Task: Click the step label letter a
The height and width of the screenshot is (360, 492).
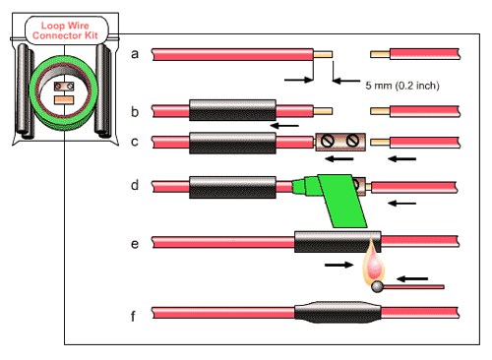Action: point(135,54)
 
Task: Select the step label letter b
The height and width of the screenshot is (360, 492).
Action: point(135,112)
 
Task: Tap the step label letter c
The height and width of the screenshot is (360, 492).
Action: point(135,142)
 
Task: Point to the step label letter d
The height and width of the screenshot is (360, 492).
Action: point(135,185)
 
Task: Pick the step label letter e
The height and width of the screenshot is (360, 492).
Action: point(135,244)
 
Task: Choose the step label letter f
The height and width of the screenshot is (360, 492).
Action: point(133,316)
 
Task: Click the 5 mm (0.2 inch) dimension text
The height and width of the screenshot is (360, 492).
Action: point(402,86)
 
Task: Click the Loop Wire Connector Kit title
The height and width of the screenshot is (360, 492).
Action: point(65,30)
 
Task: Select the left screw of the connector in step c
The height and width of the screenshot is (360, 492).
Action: point(328,142)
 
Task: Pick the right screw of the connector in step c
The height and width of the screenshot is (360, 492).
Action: point(352,141)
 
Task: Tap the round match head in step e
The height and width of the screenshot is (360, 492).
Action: point(377,287)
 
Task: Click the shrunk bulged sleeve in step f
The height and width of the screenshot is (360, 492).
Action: point(338,312)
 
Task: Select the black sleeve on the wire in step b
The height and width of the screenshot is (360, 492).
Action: point(232,110)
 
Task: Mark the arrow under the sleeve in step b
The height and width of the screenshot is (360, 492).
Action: point(284,126)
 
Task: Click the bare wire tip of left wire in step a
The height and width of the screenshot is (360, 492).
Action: point(323,54)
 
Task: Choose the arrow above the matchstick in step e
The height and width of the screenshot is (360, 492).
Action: point(412,279)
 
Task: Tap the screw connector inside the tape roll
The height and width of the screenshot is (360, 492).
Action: point(64,87)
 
